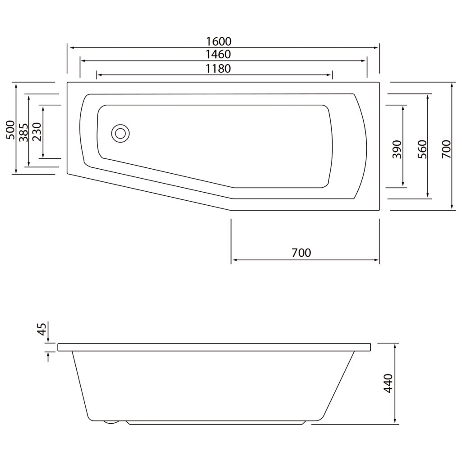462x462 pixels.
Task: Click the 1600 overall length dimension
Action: (218, 42)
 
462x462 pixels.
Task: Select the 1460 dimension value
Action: (218, 55)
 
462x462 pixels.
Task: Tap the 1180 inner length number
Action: (218, 69)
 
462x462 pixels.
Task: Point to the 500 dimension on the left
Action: (10, 130)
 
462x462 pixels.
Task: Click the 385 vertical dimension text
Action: (23, 132)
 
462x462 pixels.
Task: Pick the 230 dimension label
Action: (37, 132)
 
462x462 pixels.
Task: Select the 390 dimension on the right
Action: (397, 149)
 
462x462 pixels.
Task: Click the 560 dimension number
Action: (422, 149)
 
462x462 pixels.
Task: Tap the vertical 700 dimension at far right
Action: (446, 149)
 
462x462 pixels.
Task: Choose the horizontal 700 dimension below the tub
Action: (301, 253)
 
